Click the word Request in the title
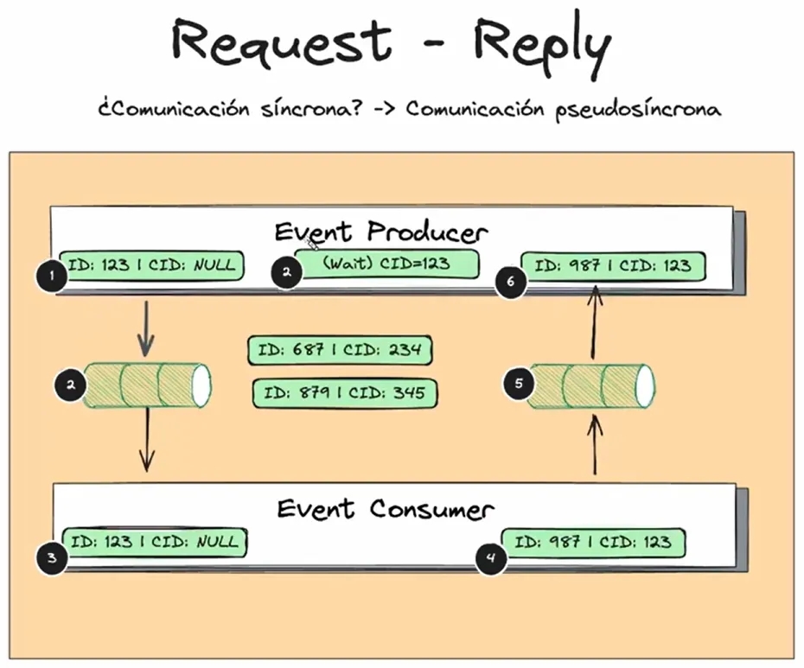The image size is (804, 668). [281, 41]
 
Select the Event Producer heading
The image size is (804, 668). [381, 232]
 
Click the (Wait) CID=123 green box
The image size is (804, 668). [386, 264]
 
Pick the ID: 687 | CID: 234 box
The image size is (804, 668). [340, 350]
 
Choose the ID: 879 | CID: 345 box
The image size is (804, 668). [344, 393]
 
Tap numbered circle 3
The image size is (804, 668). [52, 558]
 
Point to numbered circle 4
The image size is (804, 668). [491, 558]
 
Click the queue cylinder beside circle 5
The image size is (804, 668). [591, 385]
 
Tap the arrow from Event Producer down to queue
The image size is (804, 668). [146, 329]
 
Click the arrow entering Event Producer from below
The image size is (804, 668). [594, 324]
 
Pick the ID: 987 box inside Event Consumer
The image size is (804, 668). [593, 543]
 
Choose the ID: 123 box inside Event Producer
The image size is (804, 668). [152, 264]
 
